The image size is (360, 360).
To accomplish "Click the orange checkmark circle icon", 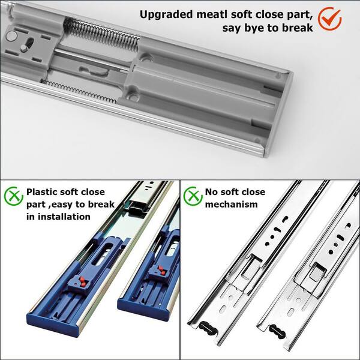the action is [329, 19].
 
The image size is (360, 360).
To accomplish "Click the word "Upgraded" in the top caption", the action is [166, 15].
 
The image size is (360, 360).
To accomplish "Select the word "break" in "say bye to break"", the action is [297, 28].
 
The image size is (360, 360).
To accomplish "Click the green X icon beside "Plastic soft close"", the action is [14, 196].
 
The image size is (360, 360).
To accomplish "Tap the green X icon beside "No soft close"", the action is [193, 196].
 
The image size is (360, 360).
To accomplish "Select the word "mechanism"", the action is [231, 204].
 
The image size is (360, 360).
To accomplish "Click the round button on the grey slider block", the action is [11, 36].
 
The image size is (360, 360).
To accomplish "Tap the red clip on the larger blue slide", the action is [82, 282].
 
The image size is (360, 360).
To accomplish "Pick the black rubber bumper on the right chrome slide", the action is [277, 331].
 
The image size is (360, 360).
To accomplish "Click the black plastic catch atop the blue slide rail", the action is [137, 209].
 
